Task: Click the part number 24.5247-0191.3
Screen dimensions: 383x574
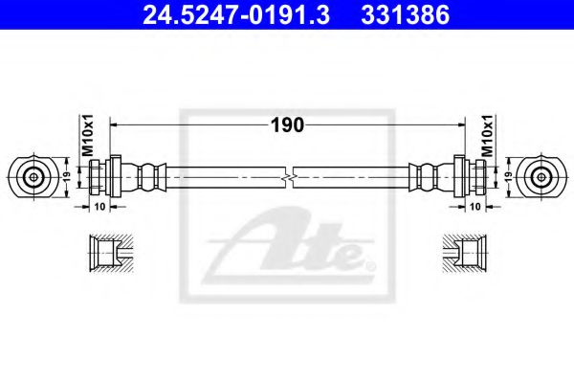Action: [x=222, y=15]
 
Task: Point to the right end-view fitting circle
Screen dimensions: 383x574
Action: [x=541, y=177]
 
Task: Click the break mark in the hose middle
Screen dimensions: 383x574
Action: [x=288, y=177]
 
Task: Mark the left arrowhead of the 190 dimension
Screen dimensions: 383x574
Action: [x=116, y=124]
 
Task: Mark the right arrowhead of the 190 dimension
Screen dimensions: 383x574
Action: [x=460, y=124]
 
